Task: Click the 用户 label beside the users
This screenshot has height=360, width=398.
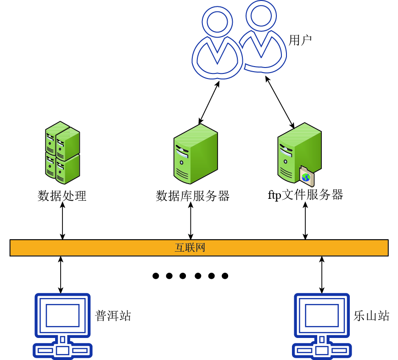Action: click(x=300, y=40)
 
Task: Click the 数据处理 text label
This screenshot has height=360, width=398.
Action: click(x=62, y=196)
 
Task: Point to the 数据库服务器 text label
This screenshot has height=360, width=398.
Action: click(x=192, y=196)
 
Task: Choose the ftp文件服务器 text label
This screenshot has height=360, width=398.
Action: click(x=305, y=195)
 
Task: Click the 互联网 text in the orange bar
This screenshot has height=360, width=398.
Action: click(x=190, y=248)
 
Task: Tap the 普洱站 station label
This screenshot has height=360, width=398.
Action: click(x=113, y=315)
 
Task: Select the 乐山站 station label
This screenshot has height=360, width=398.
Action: click(x=371, y=315)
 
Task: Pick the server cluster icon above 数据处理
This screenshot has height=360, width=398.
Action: click(x=62, y=151)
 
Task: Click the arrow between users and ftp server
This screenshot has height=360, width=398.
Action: click(x=280, y=102)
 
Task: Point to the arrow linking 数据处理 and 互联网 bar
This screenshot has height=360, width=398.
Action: click(x=63, y=221)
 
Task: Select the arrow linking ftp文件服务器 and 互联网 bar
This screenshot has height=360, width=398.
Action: click(x=305, y=221)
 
